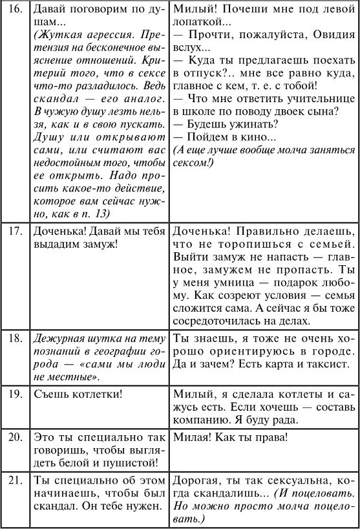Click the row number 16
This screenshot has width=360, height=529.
(x=14, y=11)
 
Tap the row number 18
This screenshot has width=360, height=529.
(x=14, y=337)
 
